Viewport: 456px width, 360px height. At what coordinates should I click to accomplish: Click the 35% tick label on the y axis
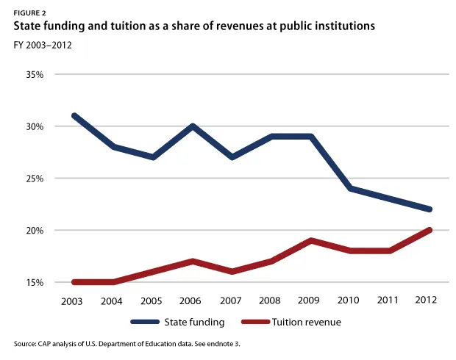pyautogui.click(x=35, y=74)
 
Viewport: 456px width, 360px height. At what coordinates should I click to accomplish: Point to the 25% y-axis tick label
pyautogui.click(x=35, y=179)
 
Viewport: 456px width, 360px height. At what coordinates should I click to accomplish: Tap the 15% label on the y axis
pyautogui.click(x=35, y=282)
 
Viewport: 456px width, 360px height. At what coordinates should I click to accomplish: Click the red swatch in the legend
pyautogui.click(x=256, y=322)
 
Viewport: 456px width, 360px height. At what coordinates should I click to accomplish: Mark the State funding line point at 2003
pyautogui.click(x=75, y=116)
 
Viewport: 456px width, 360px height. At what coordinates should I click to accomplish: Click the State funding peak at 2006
pyautogui.click(x=193, y=126)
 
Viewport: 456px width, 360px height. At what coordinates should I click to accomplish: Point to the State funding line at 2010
pyautogui.click(x=350, y=189)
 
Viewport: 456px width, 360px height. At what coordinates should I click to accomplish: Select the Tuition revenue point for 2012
pyautogui.click(x=429, y=230)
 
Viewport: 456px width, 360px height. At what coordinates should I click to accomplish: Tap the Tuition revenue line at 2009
pyautogui.click(x=310, y=240)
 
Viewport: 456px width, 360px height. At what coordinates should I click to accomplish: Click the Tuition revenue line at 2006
pyautogui.click(x=193, y=261)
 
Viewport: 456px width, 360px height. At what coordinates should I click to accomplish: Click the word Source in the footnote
pyautogui.click(x=24, y=344)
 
